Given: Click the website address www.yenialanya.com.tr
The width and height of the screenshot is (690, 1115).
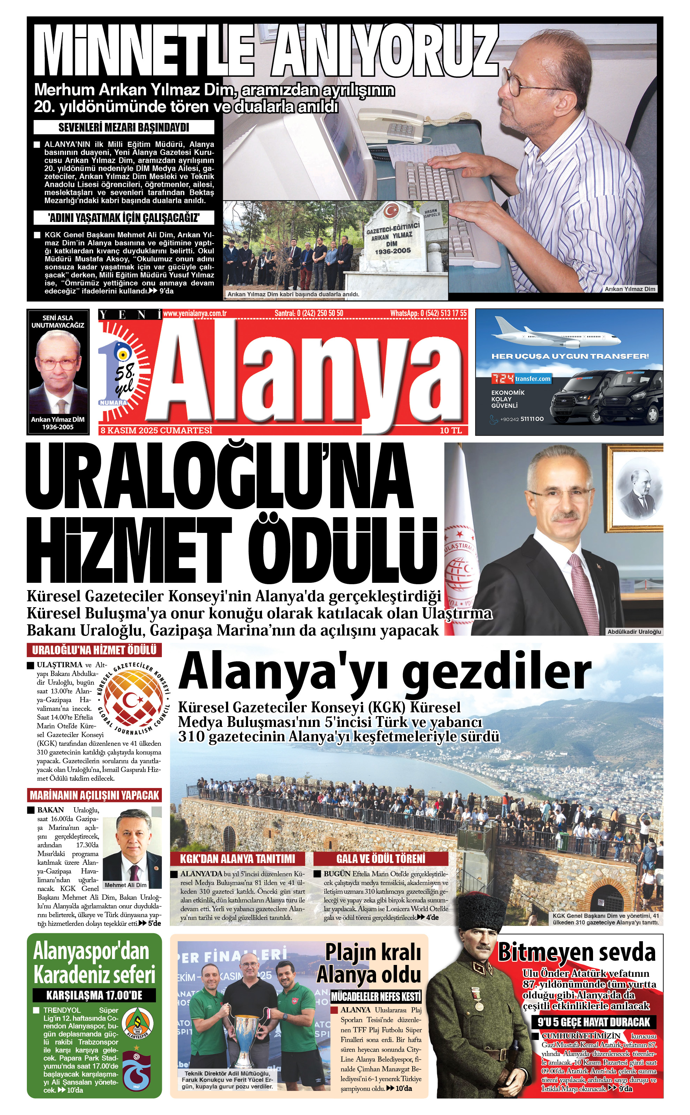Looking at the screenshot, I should [x=195, y=313].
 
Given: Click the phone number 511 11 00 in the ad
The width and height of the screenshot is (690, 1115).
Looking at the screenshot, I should [x=532, y=419].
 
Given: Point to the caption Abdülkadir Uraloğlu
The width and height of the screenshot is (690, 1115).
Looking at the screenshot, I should [x=634, y=632].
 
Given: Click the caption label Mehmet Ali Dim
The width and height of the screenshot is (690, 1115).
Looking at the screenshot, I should [x=126, y=885].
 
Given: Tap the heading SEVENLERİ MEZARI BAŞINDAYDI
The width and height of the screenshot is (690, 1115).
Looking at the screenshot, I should [x=124, y=127].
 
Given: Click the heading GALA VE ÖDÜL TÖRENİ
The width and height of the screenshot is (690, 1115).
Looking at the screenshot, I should [x=381, y=858].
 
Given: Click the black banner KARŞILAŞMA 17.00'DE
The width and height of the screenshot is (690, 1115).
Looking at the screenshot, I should [x=94, y=995].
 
